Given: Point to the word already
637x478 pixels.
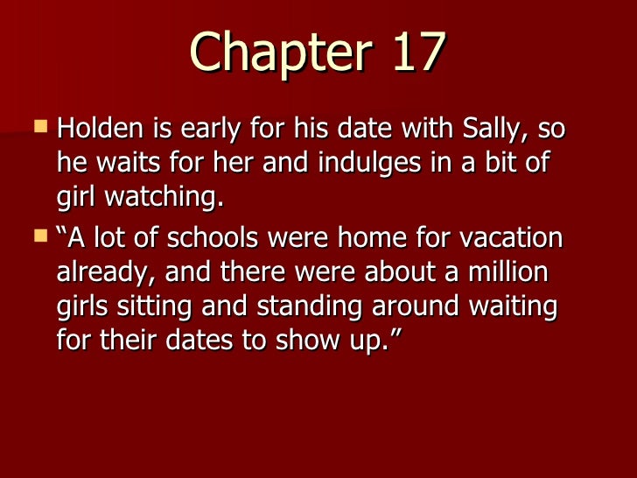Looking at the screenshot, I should (x=107, y=272).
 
